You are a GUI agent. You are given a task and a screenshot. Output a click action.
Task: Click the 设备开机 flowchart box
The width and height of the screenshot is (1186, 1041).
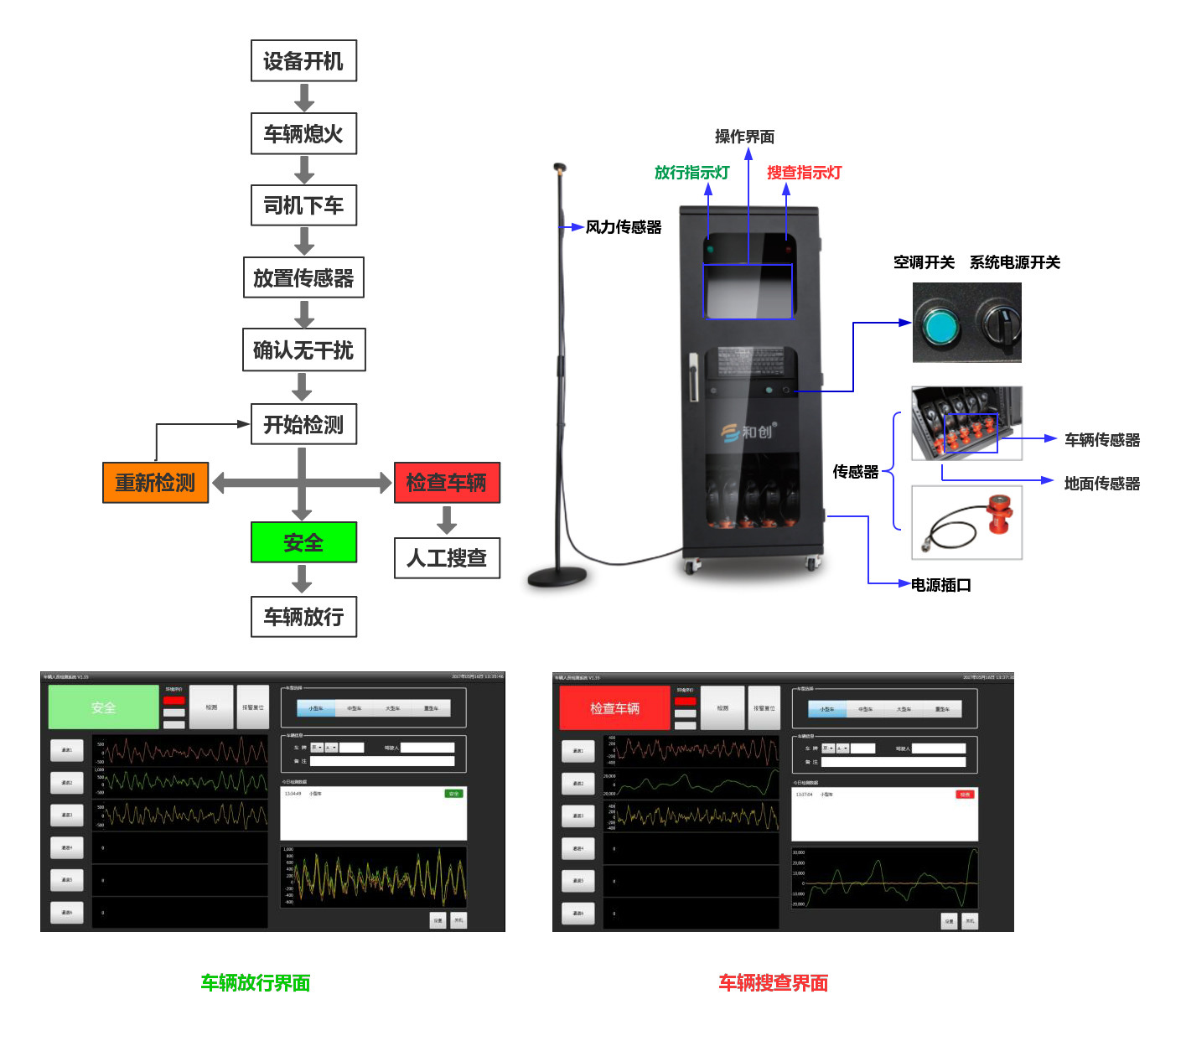point(303,61)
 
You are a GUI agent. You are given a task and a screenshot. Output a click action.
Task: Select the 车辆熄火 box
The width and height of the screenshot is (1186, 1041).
point(303,134)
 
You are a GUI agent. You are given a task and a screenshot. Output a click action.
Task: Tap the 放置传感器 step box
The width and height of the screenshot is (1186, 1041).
point(303,277)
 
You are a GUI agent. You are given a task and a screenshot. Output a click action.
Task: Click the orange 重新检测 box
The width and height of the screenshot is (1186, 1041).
point(155,483)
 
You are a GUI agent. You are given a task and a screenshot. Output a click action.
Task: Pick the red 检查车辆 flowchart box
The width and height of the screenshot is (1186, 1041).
point(447,483)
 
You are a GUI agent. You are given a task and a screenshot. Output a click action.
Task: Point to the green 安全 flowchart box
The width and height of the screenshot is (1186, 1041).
point(303,542)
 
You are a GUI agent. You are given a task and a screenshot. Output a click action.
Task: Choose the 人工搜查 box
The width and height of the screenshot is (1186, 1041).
point(447,558)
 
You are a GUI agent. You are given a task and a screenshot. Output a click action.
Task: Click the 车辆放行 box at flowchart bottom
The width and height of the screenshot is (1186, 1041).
point(303,617)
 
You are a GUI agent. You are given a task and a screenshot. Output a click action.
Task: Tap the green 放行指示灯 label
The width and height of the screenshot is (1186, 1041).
point(691,173)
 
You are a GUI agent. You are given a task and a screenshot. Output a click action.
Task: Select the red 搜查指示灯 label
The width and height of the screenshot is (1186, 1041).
point(804,173)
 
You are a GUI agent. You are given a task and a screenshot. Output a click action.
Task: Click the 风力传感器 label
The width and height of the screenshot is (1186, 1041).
point(624,227)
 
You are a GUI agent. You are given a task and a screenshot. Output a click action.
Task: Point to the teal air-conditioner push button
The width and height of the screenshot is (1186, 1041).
point(940,325)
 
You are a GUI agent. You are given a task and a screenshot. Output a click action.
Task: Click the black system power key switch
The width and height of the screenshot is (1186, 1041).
point(998,324)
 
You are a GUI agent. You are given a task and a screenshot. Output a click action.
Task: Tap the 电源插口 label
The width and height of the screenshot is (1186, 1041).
point(940,585)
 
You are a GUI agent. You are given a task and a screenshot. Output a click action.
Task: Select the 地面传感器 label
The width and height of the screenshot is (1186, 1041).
point(1101,484)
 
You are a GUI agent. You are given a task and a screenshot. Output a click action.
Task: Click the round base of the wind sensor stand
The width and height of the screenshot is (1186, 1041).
point(557,577)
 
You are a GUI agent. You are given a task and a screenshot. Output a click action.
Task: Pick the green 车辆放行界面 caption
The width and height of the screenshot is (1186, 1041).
point(256,982)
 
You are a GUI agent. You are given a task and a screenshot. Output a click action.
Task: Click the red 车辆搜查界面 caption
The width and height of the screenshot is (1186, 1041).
point(773,982)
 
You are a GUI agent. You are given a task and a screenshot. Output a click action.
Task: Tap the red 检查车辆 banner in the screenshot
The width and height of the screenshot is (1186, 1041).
point(614,708)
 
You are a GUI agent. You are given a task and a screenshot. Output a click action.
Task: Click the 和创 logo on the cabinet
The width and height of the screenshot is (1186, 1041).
point(748,432)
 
